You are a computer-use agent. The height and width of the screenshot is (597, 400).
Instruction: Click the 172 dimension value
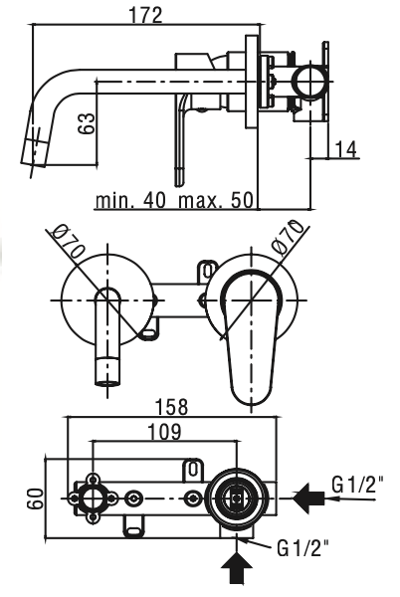click(145, 15)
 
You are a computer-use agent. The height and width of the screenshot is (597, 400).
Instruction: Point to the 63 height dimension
click(87, 123)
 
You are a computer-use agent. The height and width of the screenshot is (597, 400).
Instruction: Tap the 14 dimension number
click(346, 149)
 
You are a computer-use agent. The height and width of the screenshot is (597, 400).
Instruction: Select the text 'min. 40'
click(131, 200)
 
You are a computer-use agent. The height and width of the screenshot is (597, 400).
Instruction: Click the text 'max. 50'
click(216, 200)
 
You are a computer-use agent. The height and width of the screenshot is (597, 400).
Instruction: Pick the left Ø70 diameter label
click(69, 242)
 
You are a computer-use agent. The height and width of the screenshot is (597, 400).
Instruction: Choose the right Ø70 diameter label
click(289, 236)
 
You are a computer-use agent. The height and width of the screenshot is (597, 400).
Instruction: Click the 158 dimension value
click(172, 407)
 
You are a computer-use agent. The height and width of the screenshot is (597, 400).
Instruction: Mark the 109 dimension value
click(164, 432)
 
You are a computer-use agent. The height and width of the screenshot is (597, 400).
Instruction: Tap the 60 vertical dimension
click(35, 498)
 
